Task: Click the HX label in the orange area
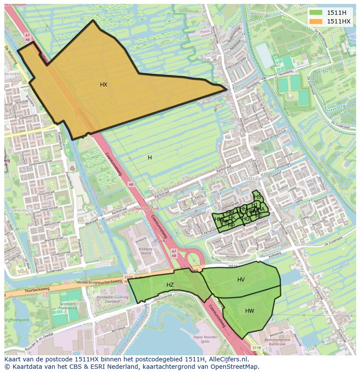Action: pyautogui.click(x=103, y=85)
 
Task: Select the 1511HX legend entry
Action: pyautogui.click(x=338, y=21)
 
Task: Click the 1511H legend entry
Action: pyautogui.click(x=336, y=13)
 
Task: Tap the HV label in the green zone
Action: pyautogui.click(x=241, y=280)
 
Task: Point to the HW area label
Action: pyautogui.click(x=250, y=311)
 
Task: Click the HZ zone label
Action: pyautogui.click(x=170, y=285)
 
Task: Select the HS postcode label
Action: pyautogui.click(x=258, y=197)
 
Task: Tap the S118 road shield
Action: pyautogui.click(x=257, y=348)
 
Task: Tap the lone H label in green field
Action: pyautogui.click(x=150, y=158)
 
